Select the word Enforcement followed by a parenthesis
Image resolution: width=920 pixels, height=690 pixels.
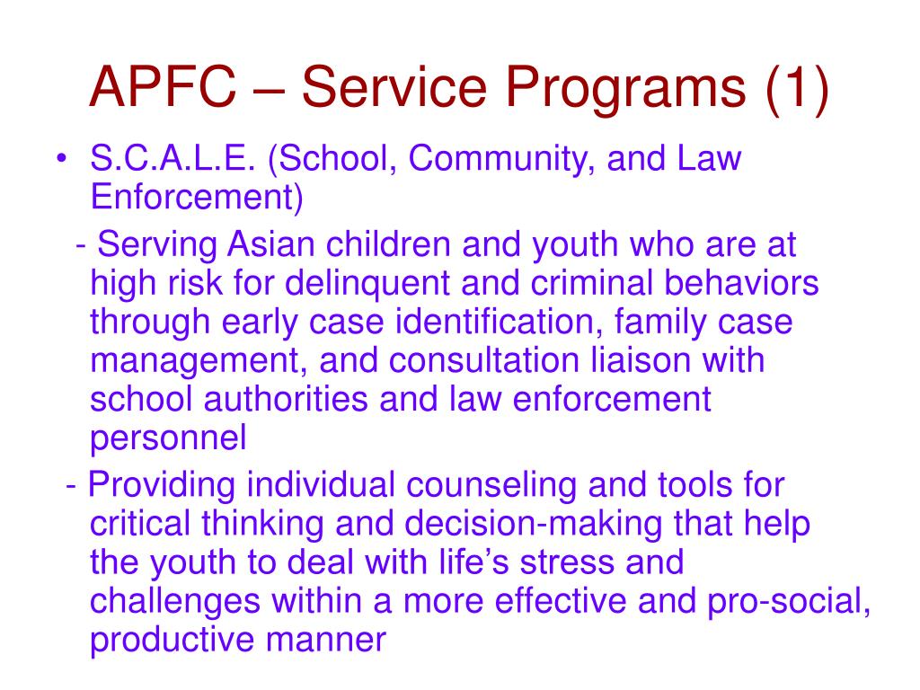197,198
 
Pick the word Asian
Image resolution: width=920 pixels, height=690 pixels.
268,244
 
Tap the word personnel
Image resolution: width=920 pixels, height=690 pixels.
168,438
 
